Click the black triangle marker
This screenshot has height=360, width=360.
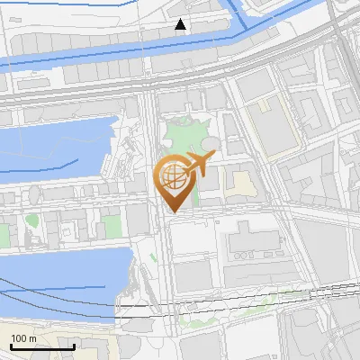[181, 24]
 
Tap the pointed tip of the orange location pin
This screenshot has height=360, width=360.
[173, 211]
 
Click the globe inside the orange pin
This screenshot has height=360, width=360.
[173, 177]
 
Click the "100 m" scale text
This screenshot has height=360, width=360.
[23, 338]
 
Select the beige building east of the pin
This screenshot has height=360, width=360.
[238, 184]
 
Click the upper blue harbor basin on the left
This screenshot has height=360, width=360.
[54, 148]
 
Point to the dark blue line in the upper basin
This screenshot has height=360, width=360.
[36, 166]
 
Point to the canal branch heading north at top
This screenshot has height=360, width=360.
[238, 13]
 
